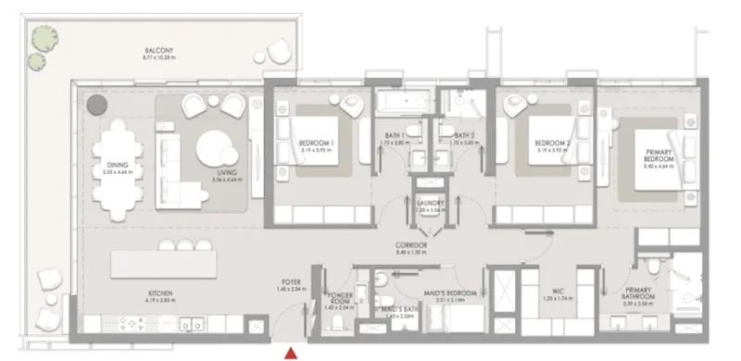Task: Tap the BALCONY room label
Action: (158, 51)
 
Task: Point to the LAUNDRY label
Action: (431, 204)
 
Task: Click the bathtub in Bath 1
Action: (401, 100)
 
